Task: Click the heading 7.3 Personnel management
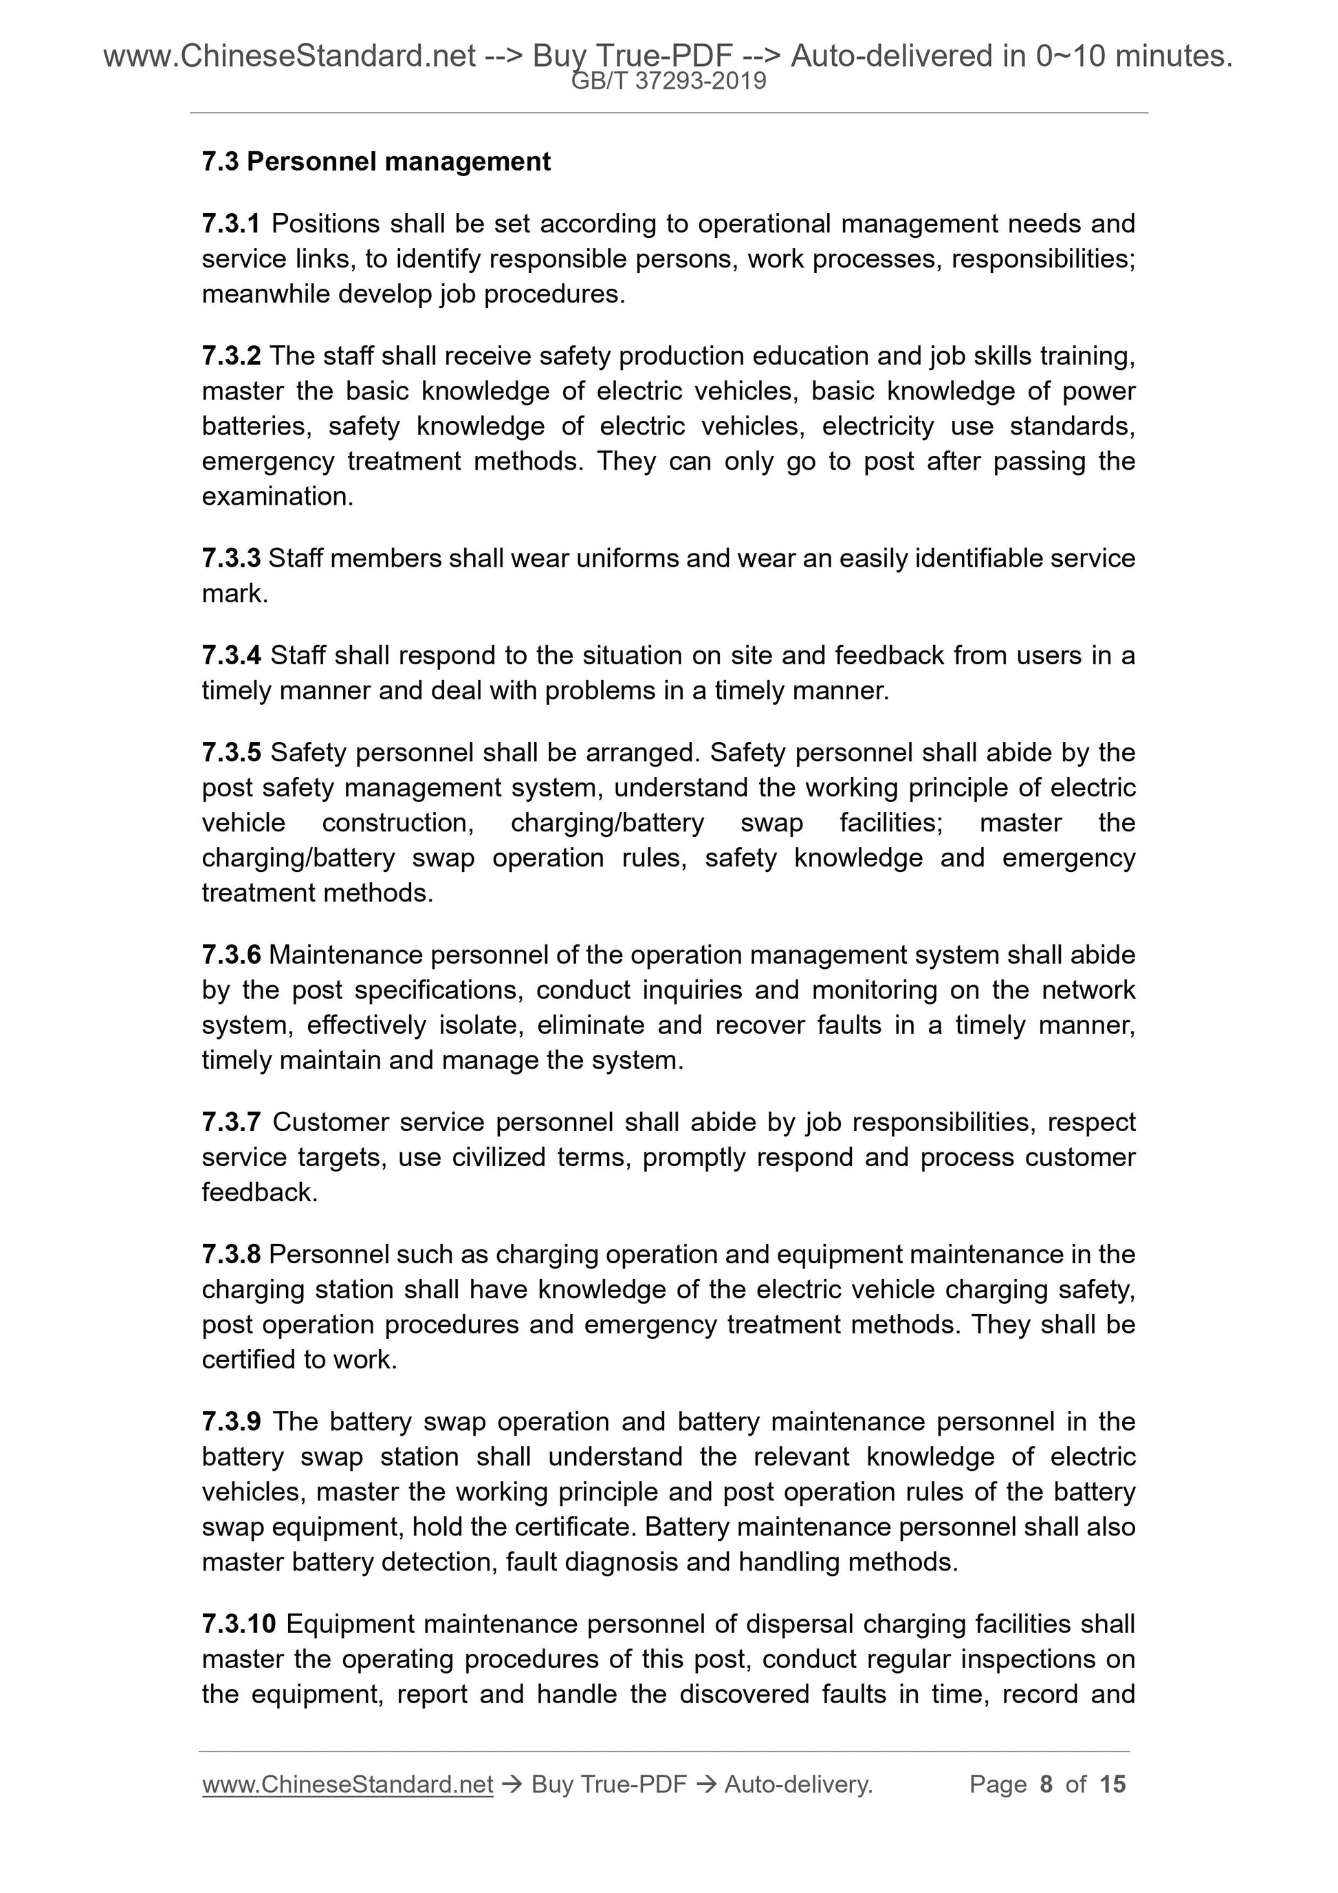click(376, 162)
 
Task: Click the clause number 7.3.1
click(231, 223)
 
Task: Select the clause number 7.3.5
click(231, 752)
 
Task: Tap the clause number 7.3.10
click(239, 1623)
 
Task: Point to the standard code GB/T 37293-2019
click(668, 81)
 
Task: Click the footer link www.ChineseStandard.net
click(347, 1784)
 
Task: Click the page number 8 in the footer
click(1046, 1784)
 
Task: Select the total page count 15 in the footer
click(1112, 1784)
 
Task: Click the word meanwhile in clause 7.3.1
click(265, 294)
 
